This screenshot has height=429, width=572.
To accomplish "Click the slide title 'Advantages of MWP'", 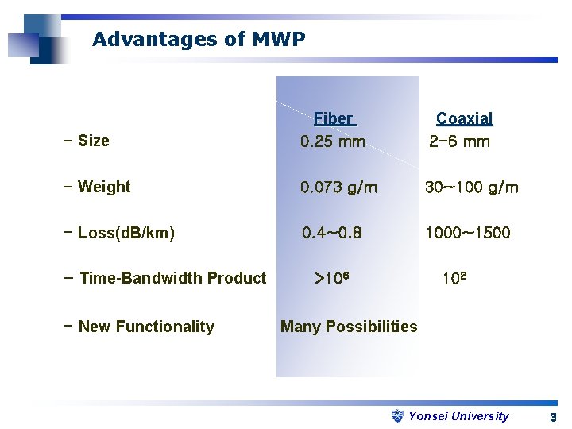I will (x=199, y=39).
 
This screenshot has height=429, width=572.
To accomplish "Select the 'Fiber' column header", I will (x=334, y=119).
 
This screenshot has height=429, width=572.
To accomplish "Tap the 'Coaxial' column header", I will (x=465, y=119).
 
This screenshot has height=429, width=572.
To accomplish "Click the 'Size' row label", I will (x=93, y=141).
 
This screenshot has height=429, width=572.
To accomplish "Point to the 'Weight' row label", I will (x=103, y=187).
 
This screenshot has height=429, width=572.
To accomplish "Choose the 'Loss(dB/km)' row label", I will (x=126, y=234).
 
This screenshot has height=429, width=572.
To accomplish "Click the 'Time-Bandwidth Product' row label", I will (x=172, y=278).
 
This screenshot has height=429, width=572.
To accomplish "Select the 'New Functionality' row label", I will (x=146, y=327).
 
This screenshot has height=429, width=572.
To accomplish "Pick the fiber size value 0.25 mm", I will (x=333, y=142).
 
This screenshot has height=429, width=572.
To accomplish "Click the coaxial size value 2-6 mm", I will (x=459, y=142).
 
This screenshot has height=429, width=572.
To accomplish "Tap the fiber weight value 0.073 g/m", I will (x=339, y=188).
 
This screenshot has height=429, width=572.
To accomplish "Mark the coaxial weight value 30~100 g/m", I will (x=472, y=188).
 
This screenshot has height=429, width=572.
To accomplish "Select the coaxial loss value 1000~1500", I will (x=468, y=234).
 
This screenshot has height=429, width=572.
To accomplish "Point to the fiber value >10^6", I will (x=333, y=279).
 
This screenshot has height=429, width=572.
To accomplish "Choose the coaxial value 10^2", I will (x=454, y=279).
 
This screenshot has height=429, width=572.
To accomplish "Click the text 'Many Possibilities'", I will (x=349, y=327).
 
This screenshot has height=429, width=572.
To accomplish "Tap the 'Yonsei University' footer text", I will (x=458, y=416).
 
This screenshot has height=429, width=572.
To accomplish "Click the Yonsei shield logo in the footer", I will (x=399, y=415).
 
